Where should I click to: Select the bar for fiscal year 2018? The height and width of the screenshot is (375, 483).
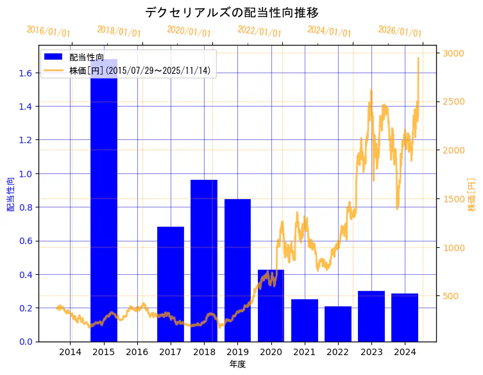[204, 261]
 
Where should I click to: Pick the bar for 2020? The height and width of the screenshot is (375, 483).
[271, 306]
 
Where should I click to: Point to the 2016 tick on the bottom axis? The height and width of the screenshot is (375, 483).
[137, 352]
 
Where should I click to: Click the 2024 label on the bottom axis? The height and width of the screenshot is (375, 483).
[405, 352]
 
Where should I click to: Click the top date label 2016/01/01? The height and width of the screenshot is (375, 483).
[49, 31]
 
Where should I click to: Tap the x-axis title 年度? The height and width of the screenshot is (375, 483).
[237, 364]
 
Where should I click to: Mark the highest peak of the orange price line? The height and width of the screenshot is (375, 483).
[418, 58]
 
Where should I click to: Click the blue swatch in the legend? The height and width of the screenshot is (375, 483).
[53, 58]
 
